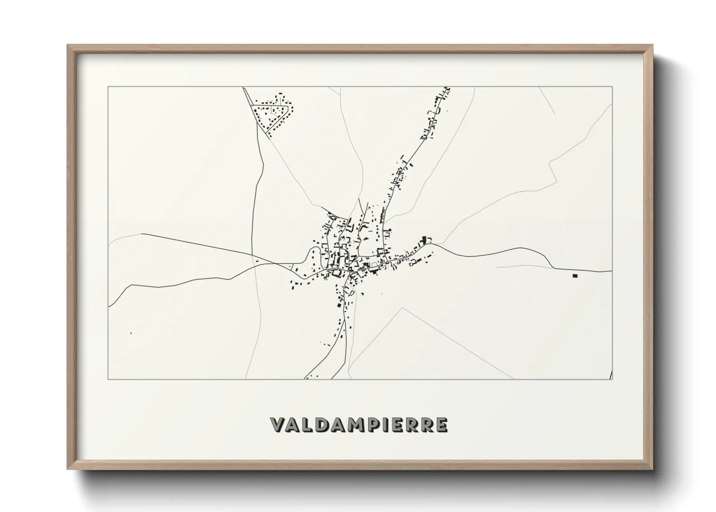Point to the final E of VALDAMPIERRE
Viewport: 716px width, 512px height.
pos(441,424)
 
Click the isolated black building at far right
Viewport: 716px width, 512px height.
pos(575,276)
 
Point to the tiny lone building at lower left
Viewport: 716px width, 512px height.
pos(131,333)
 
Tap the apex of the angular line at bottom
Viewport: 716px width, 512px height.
pos(402,308)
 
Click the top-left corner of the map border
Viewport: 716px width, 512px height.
pos(108,87)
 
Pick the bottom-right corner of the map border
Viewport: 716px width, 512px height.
pos(612,379)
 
